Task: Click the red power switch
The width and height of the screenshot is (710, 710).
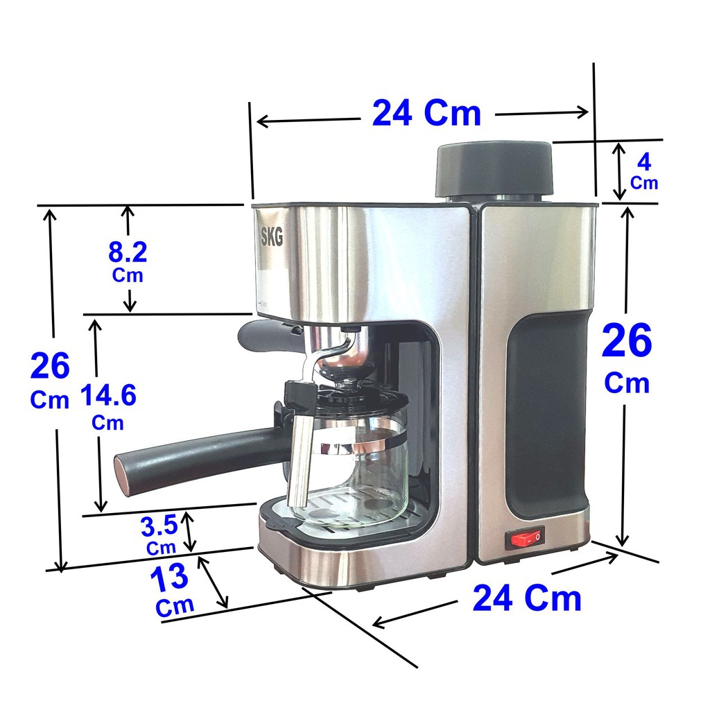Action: click(x=526, y=537)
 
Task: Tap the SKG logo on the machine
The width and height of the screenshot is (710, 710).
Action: click(x=272, y=236)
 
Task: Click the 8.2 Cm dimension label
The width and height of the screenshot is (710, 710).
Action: click(x=128, y=261)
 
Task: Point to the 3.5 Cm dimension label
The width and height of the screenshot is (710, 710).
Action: click(x=159, y=535)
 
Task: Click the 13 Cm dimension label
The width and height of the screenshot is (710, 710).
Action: click(x=173, y=590)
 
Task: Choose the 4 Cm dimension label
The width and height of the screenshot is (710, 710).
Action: click(x=643, y=171)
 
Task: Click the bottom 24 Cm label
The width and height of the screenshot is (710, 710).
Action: click(x=527, y=598)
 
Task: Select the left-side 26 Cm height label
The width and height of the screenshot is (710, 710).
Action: click(x=50, y=379)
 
